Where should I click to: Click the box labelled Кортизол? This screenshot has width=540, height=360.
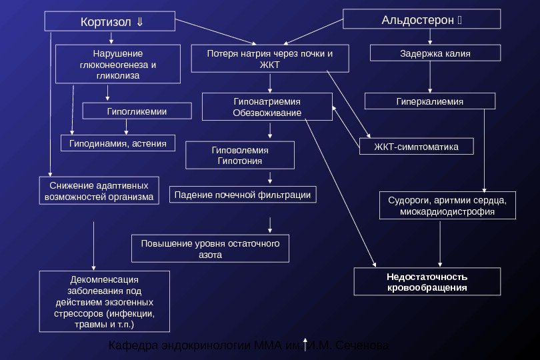point(111,21)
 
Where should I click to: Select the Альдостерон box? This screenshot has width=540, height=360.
point(421,19)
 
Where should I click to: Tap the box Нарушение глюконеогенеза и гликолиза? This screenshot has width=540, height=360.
point(118,65)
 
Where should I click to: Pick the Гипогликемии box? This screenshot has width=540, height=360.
point(137,111)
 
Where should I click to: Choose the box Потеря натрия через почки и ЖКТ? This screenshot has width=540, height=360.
point(269,59)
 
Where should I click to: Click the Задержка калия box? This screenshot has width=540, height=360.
point(434,53)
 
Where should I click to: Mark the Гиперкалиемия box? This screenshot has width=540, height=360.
point(430,101)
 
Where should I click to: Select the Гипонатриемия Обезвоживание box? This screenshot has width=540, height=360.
point(267,107)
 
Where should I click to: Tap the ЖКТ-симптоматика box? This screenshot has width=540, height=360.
point(417,146)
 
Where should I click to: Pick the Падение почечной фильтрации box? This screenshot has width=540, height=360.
point(243,195)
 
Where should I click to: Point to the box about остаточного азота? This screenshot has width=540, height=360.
point(211,249)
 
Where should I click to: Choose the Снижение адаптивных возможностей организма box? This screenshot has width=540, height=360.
point(99,190)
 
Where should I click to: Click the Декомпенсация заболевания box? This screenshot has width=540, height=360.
point(105,301)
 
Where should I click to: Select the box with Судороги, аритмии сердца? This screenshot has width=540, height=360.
point(447,205)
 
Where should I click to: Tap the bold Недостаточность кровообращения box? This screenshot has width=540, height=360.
point(427,282)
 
